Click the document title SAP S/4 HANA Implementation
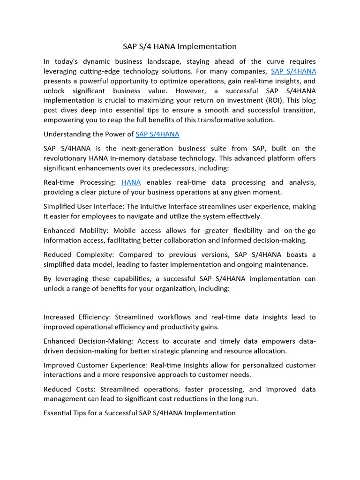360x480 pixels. click(x=180, y=46)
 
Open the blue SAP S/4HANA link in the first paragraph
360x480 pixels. click(x=293, y=71)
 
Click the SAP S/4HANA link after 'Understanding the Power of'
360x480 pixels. click(x=157, y=134)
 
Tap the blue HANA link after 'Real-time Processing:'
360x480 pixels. click(x=131, y=182)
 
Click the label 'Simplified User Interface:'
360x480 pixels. click(x=84, y=206)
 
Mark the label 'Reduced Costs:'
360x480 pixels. click(x=64, y=390)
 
